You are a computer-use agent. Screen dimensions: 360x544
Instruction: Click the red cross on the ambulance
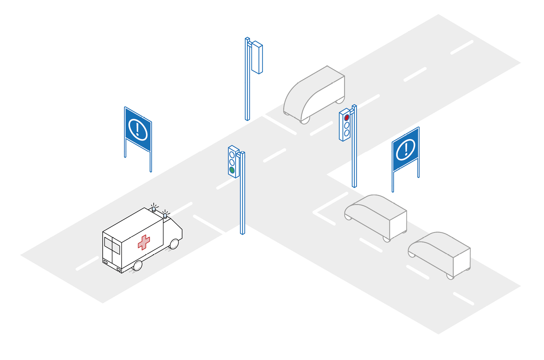pos(144,242)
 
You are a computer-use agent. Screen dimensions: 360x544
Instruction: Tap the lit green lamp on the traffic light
pos(232,170)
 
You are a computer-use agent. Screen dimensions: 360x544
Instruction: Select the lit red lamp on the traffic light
pos(347,118)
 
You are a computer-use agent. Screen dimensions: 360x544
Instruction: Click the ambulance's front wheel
pos(174,244)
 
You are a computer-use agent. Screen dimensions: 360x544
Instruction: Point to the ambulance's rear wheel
pos(138,265)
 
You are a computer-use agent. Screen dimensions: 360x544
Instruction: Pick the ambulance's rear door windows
pos(112,246)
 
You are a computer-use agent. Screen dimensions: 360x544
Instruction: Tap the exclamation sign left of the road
pos(138,129)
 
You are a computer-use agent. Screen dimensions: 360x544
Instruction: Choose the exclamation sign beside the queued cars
pos(406,149)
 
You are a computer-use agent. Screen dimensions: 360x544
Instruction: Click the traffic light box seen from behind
pos(257,58)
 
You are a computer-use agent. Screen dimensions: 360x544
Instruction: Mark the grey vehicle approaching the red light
pos(315,94)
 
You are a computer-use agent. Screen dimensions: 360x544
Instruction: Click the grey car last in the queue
pos(440,253)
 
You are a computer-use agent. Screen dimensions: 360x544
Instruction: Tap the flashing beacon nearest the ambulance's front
pos(165,215)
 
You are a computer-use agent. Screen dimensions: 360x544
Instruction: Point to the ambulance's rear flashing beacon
pos(154,209)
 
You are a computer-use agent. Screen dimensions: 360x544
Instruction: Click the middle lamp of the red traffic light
pos(347,125)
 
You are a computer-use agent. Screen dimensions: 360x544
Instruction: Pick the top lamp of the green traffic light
pos(232,155)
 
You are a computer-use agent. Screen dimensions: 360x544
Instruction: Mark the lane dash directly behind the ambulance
pos(87,263)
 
